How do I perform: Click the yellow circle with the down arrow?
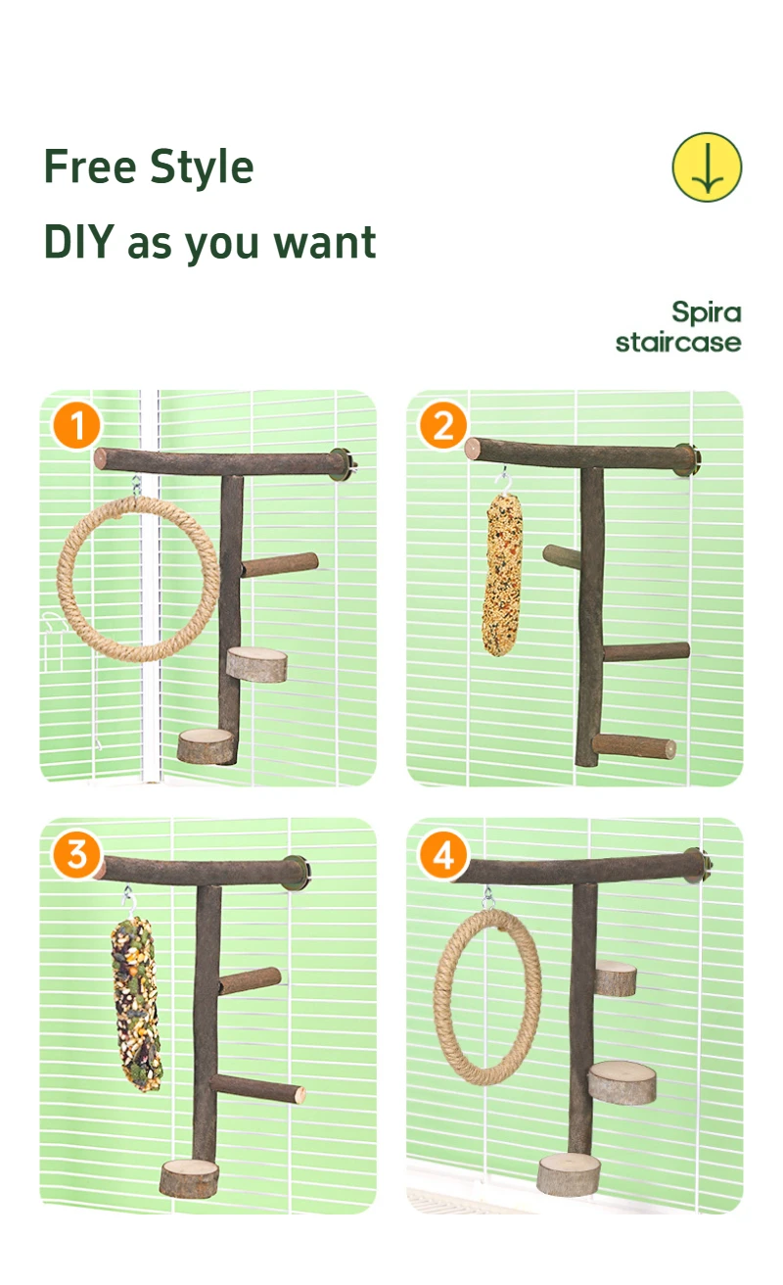tap(707, 167)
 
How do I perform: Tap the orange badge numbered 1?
tap(76, 426)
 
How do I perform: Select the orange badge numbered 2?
tap(443, 426)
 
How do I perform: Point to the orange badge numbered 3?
tap(76, 854)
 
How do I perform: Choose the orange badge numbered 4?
tap(443, 854)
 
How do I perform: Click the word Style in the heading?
tap(202, 167)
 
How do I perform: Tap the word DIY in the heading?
tap(79, 242)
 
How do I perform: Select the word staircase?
tap(678, 343)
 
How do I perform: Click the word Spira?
tap(707, 313)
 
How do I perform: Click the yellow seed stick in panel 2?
tap(503, 575)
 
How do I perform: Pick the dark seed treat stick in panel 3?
tap(136, 1004)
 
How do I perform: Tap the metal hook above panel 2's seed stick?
tap(504, 481)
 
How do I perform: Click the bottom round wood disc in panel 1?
tap(207, 745)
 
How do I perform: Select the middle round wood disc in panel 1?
tap(256, 664)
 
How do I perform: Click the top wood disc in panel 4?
tap(616, 978)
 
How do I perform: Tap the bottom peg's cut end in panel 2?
tap(668, 748)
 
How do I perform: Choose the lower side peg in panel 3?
tap(258, 1088)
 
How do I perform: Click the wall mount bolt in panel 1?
tap(343, 463)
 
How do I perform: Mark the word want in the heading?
tap(324, 243)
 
